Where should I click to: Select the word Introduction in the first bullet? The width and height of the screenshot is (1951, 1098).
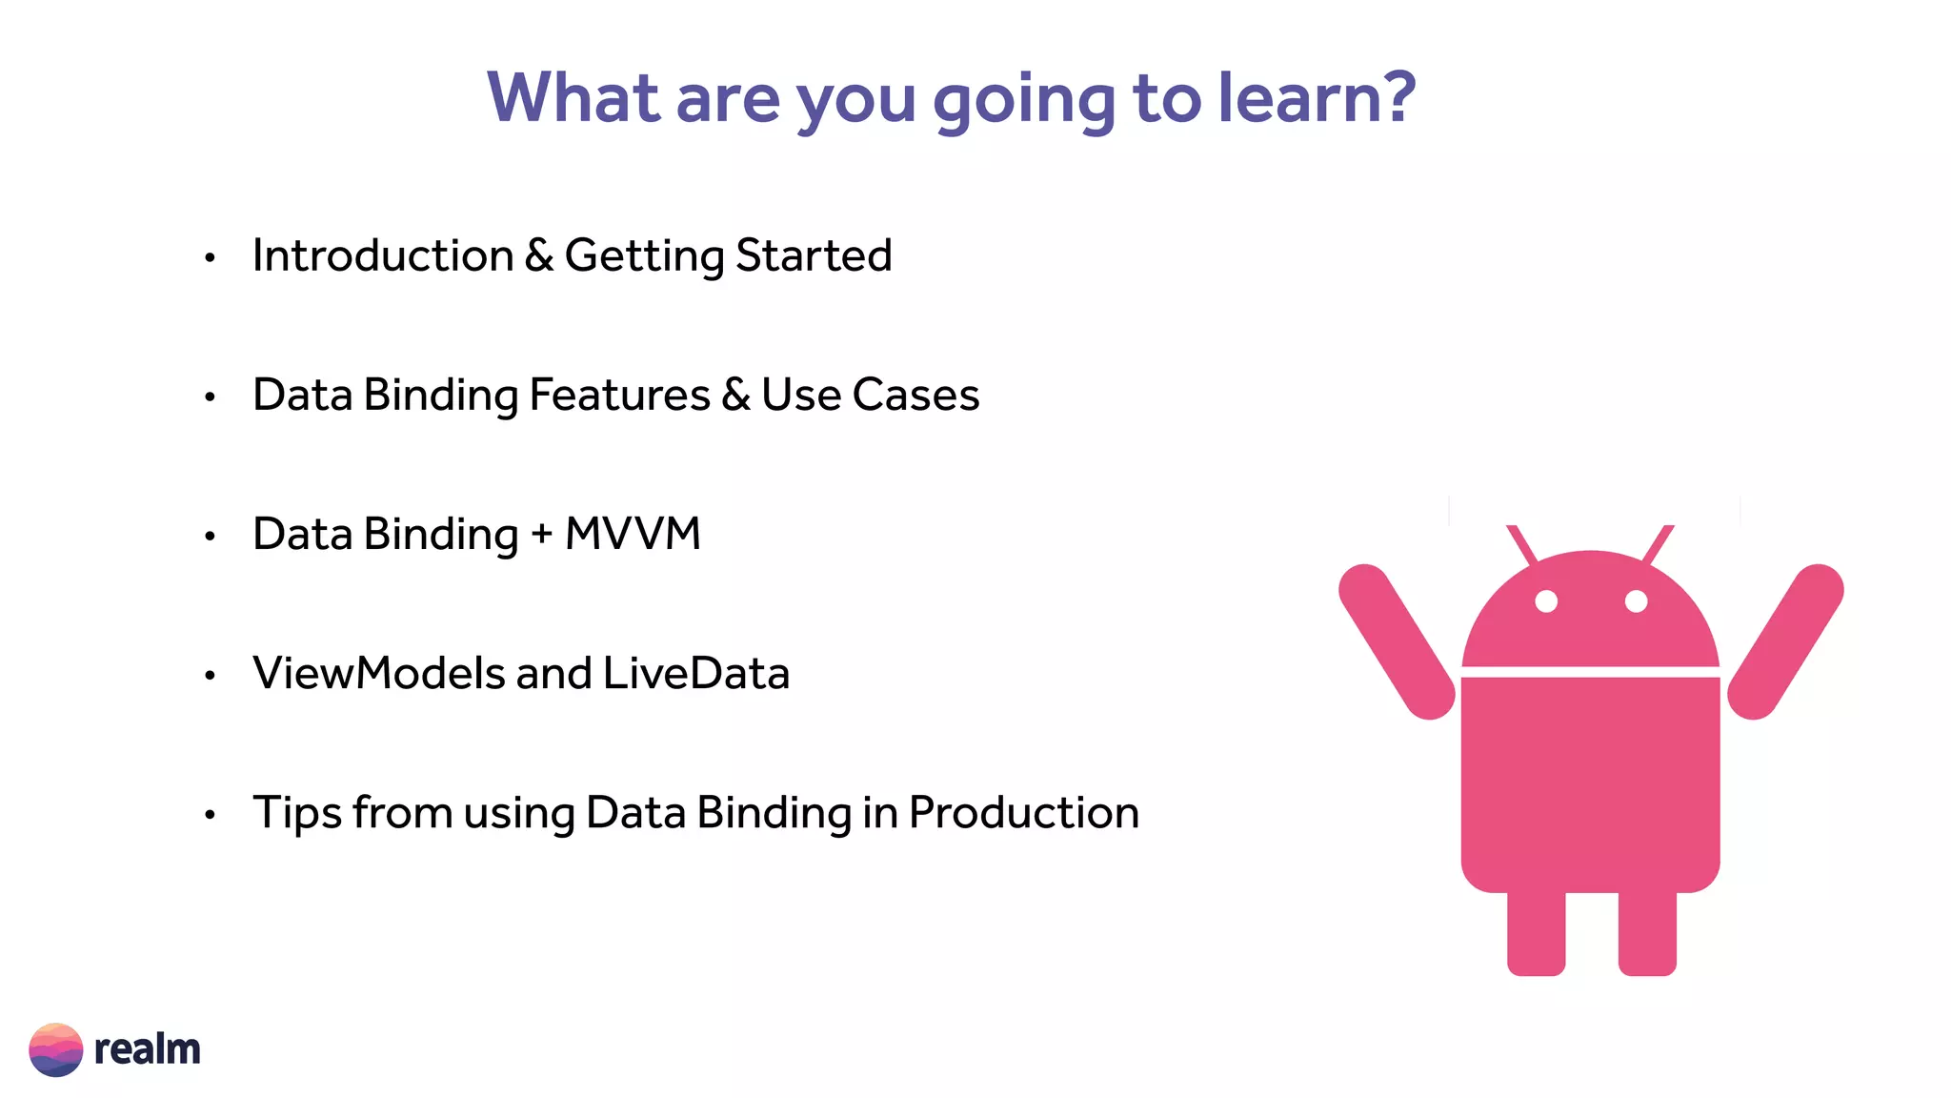[383, 255]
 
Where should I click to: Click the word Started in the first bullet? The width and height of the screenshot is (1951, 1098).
[814, 255]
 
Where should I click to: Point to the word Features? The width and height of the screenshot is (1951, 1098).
[619, 395]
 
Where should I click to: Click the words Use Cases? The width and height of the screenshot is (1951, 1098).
[870, 395]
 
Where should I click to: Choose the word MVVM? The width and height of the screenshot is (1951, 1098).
[633, 534]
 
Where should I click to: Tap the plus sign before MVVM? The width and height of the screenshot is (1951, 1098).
[542, 535]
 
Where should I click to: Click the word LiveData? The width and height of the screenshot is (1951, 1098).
[696, 673]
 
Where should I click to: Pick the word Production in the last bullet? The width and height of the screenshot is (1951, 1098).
[1023, 813]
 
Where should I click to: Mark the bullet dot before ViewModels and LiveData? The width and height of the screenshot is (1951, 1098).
[211, 676]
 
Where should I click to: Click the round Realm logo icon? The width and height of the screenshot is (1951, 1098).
[56, 1049]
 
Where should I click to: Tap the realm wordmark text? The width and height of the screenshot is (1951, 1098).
[147, 1049]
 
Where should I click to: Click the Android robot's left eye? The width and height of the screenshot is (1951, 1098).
[1546, 601]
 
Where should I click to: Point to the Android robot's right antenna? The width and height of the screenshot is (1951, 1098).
[1659, 544]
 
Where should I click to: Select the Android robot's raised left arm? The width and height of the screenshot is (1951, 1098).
[1397, 641]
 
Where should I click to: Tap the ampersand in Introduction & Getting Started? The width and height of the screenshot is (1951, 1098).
[539, 255]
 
